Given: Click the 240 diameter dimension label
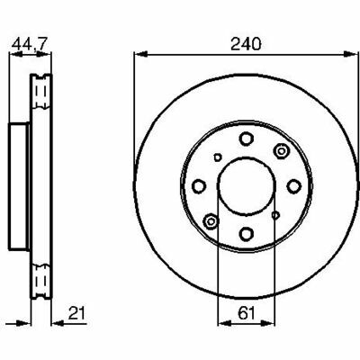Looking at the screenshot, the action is click(246, 44).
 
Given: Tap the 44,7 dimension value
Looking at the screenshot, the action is click(30, 44).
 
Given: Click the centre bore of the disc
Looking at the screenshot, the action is click(247, 186).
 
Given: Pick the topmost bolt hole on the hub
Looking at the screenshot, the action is click(247, 139).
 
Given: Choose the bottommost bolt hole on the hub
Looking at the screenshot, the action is click(247, 233).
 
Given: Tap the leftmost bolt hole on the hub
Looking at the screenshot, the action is click(198, 186).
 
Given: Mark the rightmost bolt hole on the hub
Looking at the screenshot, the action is click(293, 186).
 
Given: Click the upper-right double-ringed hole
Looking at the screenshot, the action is click(281, 150).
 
